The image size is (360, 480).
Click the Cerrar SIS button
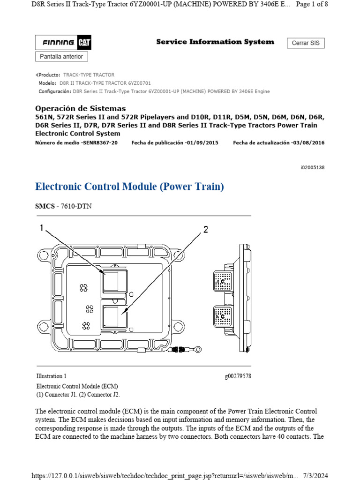[305, 43]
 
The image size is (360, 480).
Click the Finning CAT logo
[63, 43]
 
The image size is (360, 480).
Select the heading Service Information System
[215, 42]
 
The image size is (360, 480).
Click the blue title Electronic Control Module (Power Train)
[129, 187]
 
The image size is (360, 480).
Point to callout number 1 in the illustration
[42, 228]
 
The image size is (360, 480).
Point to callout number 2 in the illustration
[205, 229]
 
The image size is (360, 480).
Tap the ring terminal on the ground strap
[198, 349]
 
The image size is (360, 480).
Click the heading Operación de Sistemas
[81, 108]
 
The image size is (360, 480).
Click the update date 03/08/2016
[307, 143]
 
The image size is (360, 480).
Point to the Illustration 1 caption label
[52, 376]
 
